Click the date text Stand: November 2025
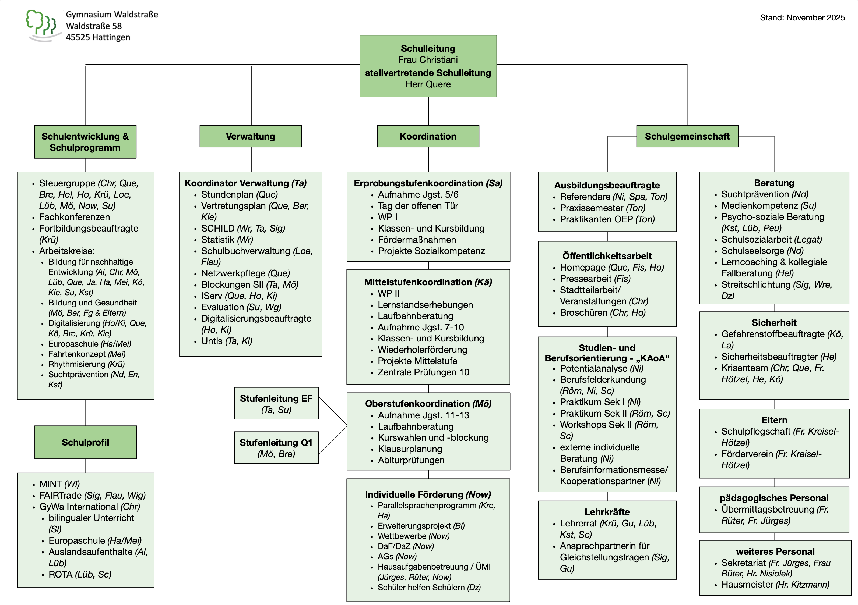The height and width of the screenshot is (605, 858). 802,17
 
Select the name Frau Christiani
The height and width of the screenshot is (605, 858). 428,60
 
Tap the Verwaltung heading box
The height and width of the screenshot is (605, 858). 250,136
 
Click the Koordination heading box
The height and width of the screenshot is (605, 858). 428,136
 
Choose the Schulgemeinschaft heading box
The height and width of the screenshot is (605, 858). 687,136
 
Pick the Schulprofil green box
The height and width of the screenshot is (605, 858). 85,442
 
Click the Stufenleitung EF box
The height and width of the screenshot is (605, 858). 276,403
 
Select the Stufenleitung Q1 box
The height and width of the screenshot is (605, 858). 276,447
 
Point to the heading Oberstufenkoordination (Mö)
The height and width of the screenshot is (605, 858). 428,404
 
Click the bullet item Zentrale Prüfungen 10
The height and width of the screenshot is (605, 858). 423,372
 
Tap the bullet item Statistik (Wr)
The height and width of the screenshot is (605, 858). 227,240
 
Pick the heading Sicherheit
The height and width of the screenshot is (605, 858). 774,323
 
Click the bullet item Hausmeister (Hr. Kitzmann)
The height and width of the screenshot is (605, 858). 775,585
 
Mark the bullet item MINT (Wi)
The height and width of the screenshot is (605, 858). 59,484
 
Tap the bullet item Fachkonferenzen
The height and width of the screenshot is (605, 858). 74,217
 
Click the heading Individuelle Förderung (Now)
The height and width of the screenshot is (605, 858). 428,494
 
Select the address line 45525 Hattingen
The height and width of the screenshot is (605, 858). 98,37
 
